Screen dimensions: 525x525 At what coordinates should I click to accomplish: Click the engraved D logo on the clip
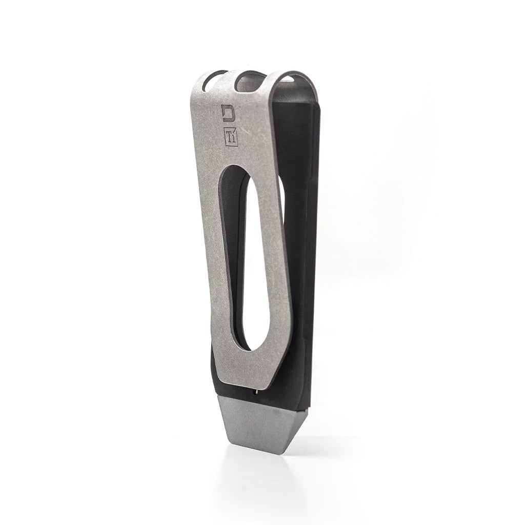click(227, 112)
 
